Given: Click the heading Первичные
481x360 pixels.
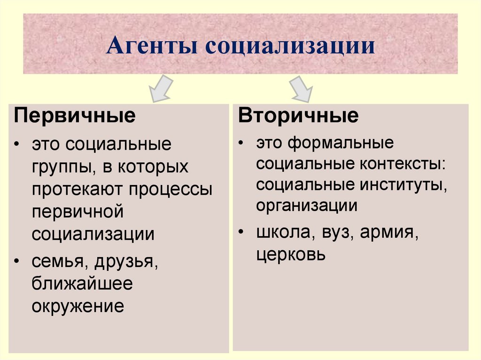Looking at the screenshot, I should tap(75, 115).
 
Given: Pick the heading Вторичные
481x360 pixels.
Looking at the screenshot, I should tap(298, 115).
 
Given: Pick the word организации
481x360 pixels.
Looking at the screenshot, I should tap(307, 206).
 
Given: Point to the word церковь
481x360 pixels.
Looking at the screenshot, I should tap(291, 254).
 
